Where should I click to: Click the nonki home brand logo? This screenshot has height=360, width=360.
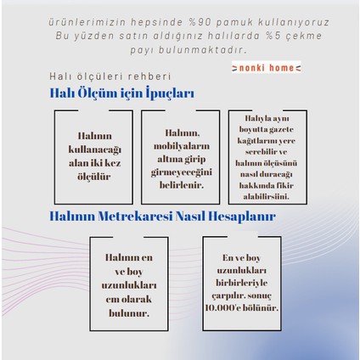click(266, 67)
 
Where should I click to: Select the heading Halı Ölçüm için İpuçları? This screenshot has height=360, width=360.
click(121, 93)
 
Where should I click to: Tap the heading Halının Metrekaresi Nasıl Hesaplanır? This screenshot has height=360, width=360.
click(162, 217)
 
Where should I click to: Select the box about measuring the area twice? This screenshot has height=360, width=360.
click(93, 157)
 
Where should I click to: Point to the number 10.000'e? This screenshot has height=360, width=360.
click(224, 307)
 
